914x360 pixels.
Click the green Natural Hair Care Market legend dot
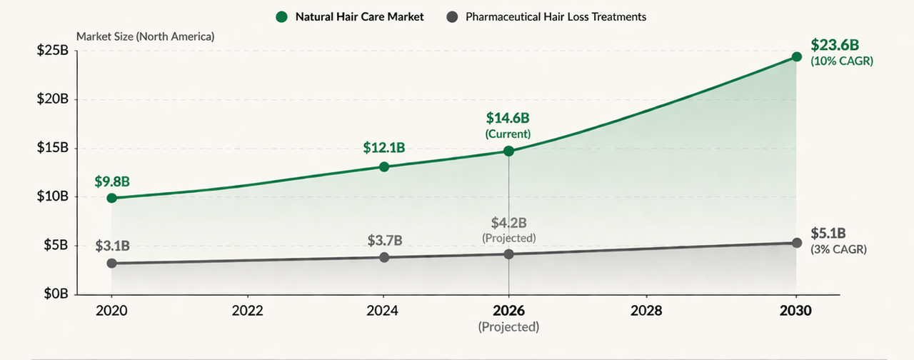(283, 16)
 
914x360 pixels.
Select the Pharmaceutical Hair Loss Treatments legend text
(556, 16)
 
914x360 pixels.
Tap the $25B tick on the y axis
(53, 51)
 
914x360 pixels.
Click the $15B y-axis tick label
(53, 148)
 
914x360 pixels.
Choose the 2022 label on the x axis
(247, 311)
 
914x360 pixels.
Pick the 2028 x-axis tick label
(646, 311)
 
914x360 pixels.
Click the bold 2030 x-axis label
(796, 311)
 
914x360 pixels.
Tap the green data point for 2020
(111, 198)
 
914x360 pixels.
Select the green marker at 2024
(384, 166)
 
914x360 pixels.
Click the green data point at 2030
(797, 56)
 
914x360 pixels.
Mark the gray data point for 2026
(508, 254)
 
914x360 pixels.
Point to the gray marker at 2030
(797, 243)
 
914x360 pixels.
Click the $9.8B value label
(112, 181)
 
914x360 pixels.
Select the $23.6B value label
(835, 45)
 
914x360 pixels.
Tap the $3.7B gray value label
(384, 240)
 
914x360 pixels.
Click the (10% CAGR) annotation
(842, 61)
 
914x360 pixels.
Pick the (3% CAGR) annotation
(838, 249)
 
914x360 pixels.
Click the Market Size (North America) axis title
(145, 36)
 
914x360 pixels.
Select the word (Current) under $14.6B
(508, 134)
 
